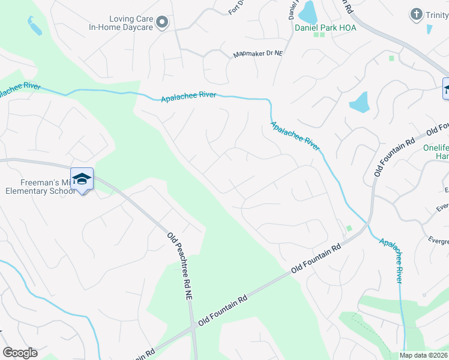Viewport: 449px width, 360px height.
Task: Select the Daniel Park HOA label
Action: [325, 28]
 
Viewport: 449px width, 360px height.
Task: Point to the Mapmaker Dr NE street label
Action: [258, 55]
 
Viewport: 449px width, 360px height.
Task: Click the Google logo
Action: [20, 353]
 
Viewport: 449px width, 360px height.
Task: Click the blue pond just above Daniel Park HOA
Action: [308, 11]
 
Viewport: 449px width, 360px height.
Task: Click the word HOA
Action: [346, 28]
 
